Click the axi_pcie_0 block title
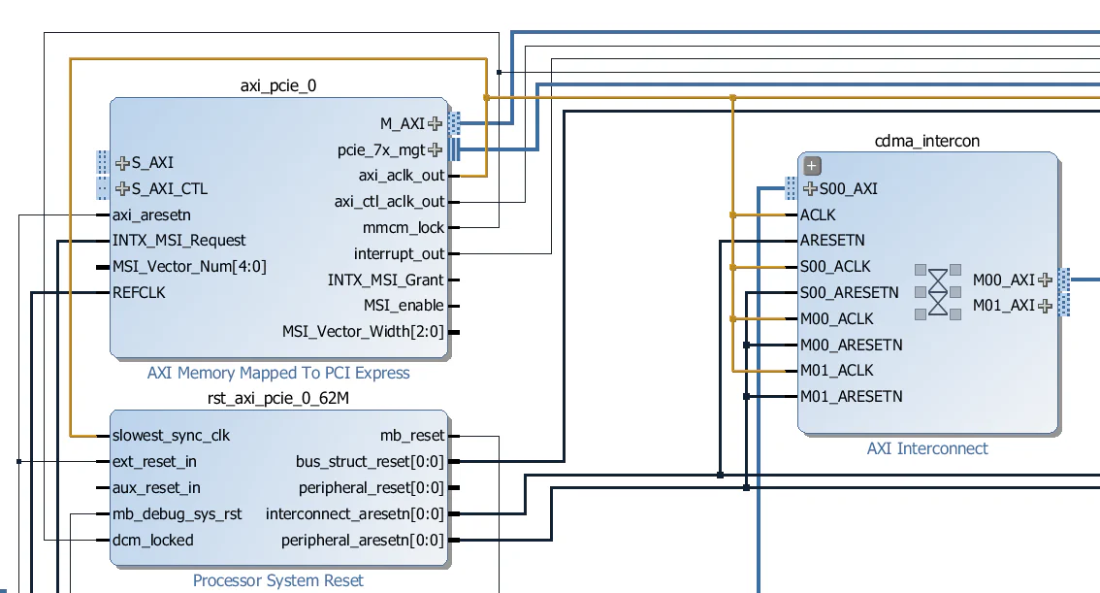(278, 85)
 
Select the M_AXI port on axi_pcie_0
(402, 123)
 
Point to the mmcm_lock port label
(404, 228)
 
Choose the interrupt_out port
(399, 254)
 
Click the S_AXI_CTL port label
(169, 188)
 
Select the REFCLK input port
(139, 292)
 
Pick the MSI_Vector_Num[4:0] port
(189, 266)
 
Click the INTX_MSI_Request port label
(178, 241)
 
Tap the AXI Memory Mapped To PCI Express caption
(278, 373)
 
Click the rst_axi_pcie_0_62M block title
(278, 398)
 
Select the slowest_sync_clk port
(171, 436)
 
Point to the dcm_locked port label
(152, 541)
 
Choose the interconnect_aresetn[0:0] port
(354, 514)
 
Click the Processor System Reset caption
(278, 580)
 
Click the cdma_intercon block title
(927, 141)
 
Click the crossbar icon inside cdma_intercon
(937, 292)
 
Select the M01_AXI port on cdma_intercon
(1004, 306)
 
